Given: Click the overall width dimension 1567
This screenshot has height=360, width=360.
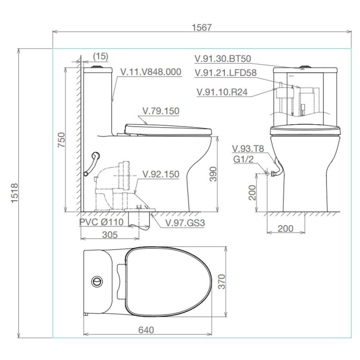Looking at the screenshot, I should pos(202,27).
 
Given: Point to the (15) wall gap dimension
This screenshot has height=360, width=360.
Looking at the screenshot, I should pos(100,56).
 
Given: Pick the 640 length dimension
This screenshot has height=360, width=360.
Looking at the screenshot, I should pos(146,330).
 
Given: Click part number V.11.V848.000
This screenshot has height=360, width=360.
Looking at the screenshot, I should pos(150,72).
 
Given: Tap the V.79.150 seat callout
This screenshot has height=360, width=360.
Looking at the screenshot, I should pos(161,111).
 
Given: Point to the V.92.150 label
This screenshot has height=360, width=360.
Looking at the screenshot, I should pos(161,174).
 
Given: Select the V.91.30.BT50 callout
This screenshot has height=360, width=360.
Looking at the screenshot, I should pos(223,59).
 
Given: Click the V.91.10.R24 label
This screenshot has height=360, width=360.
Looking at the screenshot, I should pos(222,92).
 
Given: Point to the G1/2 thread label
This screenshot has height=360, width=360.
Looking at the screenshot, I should pos(243,159).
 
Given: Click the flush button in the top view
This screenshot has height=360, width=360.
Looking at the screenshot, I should pos(97,281).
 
